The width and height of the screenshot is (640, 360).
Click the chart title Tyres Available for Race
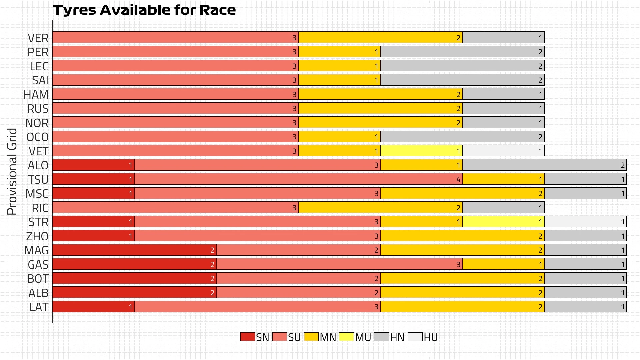144,10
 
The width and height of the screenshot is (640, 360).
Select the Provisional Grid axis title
12,171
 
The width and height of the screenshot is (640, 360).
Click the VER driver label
38,38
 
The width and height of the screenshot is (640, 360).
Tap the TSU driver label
38,180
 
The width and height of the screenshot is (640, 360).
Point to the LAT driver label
39,307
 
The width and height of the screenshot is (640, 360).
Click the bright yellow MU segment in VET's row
421,151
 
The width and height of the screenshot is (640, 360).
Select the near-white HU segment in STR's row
585,222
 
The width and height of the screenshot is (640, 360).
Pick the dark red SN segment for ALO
93,165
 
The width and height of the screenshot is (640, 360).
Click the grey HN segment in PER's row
462,52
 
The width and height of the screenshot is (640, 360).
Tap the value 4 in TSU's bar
458,180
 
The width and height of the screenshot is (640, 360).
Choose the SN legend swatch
248,337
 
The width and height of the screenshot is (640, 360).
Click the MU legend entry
355,337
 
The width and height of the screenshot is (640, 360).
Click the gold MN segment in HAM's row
380,94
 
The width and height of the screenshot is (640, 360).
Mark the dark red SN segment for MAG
134,250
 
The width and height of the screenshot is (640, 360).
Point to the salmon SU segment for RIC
175,208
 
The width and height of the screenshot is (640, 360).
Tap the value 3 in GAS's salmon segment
458,265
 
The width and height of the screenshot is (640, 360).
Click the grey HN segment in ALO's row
544,165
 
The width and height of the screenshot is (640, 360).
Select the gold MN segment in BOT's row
462,278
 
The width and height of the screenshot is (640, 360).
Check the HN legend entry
389,337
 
